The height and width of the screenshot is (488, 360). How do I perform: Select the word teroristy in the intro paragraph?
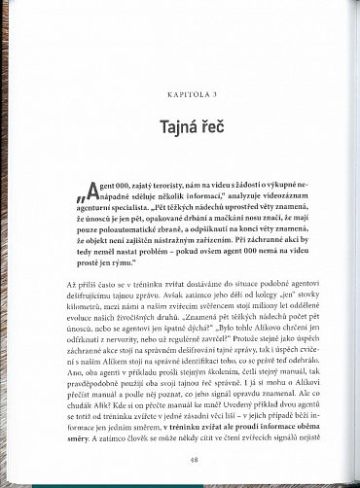tap(177, 184)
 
